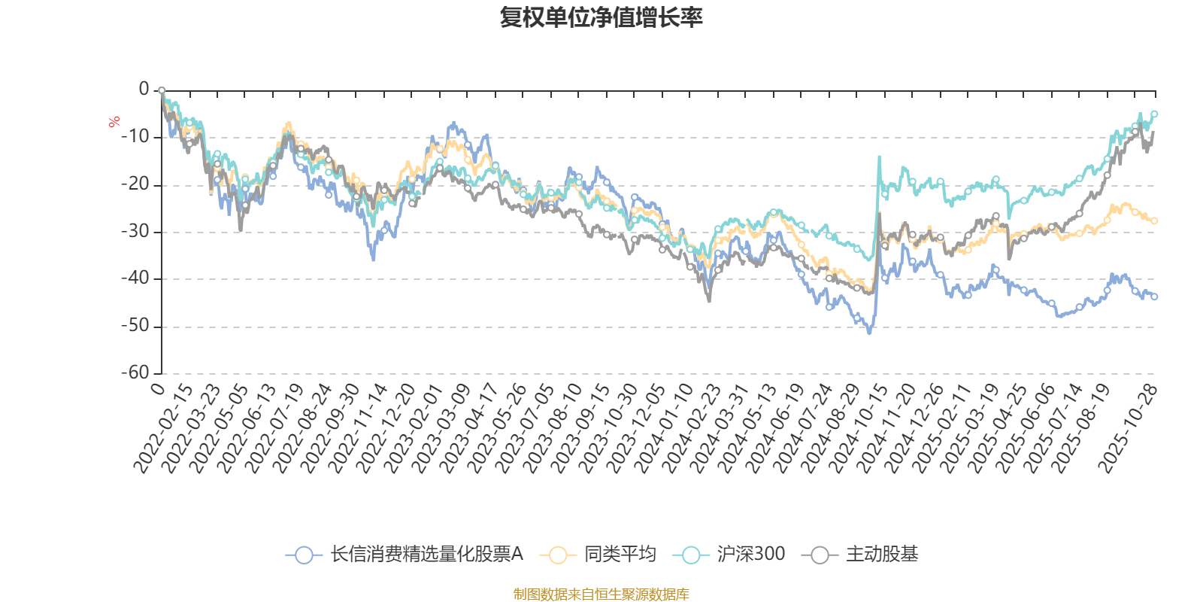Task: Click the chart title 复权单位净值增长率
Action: point(601,17)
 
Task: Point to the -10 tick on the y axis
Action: point(135,137)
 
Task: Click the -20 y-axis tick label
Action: point(135,184)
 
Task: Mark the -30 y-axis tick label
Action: point(135,232)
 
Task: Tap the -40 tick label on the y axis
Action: point(135,278)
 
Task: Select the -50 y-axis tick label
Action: point(135,326)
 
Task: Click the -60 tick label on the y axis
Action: point(135,372)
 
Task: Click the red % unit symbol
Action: point(114,122)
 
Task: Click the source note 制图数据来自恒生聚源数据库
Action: point(601,594)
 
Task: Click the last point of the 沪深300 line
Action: point(1155,114)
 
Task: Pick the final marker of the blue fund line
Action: point(1155,297)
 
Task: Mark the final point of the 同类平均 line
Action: point(1155,221)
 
